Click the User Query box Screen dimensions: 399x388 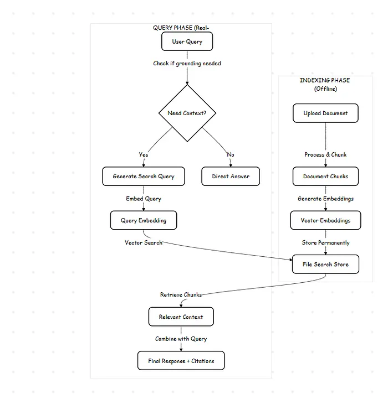(187, 42)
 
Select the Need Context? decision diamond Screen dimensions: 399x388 (187, 113)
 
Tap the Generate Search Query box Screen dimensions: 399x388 (144, 177)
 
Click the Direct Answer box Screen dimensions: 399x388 (231, 177)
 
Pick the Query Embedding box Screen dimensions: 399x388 (144, 220)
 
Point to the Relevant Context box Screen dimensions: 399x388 (181, 317)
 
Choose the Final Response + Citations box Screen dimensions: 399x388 (181, 361)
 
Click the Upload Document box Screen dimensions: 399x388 (325, 113)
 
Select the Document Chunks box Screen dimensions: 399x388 (325, 177)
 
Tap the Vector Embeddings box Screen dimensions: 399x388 (325, 220)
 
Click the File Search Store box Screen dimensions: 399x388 (325, 265)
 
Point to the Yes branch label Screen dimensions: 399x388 (144, 155)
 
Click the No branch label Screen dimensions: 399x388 (231, 155)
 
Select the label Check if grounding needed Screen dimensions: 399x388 (187, 64)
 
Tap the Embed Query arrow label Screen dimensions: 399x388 (144, 199)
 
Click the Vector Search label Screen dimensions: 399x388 (144, 243)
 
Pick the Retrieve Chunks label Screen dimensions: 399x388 (181, 295)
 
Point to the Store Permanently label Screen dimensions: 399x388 (325, 243)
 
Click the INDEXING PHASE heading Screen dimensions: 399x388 (325, 81)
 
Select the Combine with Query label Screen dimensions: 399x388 (181, 339)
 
